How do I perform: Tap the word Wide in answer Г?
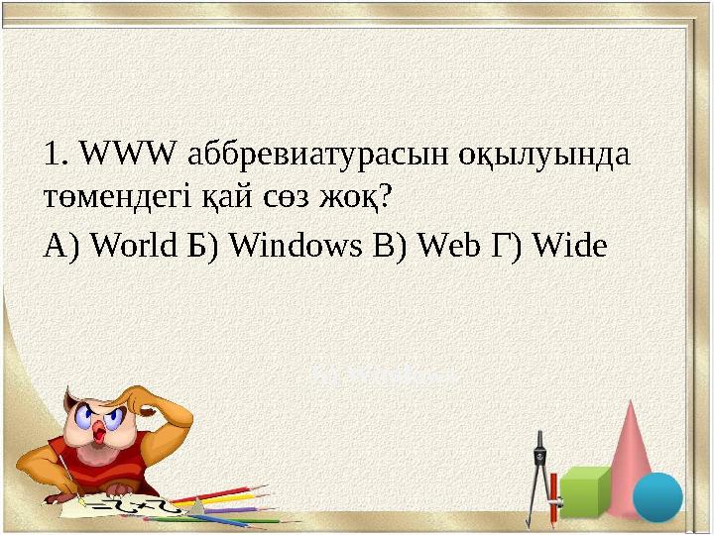(567, 244)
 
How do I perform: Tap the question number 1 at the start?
(53, 155)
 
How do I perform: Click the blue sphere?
(657, 496)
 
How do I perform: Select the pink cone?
(633, 446)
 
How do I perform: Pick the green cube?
(587, 492)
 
